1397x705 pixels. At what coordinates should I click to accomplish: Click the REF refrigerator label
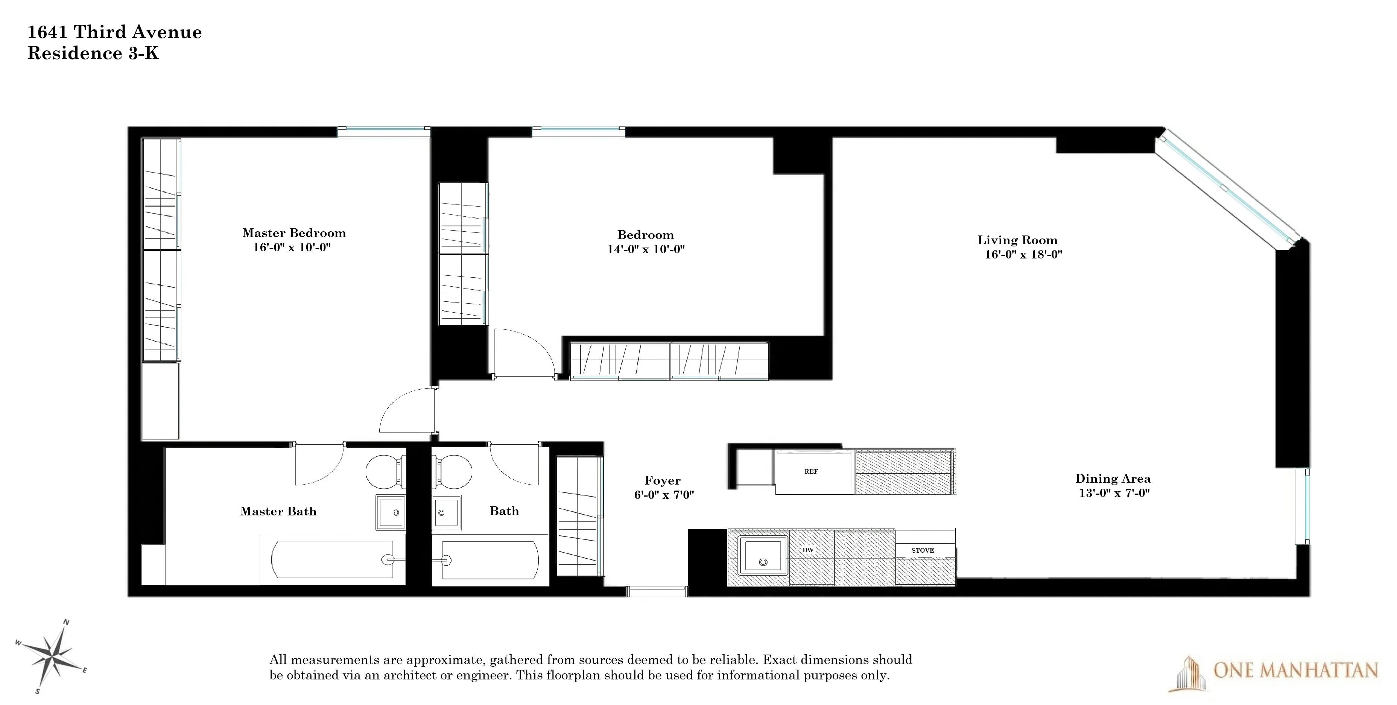[811, 472]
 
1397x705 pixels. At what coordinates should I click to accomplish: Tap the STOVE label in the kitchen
[923, 550]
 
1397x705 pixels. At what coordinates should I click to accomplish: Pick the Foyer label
[662, 480]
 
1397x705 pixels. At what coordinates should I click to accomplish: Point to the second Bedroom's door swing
[523, 352]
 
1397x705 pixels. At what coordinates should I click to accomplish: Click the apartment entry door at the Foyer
[657, 592]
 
